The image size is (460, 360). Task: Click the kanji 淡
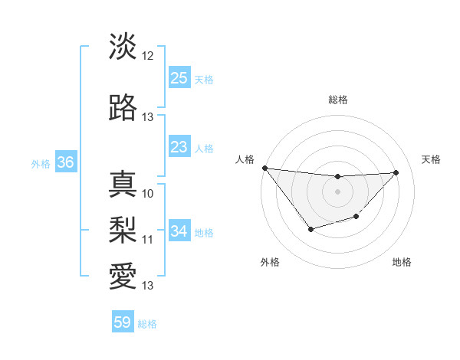(x=123, y=47)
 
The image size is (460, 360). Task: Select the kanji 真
(x=123, y=184)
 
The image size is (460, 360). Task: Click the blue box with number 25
(x=179, y=78)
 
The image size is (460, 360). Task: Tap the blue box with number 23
(x=179, y=147)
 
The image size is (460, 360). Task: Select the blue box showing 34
(x=179, y=231)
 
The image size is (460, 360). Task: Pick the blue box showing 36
(x=65, y=162)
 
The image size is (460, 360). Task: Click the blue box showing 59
(x=123, y=322)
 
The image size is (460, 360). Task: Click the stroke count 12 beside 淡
(x=148, y=56)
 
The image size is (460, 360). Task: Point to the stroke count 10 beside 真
(x=148, y=193)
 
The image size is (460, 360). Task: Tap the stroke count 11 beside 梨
(x=148, y=239)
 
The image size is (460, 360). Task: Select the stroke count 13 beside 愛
(x=148, y=285)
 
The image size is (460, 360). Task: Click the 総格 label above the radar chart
(x=337, y=100)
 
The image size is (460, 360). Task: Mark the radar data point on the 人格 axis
(x=264, y=168)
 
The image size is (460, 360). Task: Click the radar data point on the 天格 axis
(x=396, y=172)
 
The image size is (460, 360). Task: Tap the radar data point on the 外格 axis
(x=310, y=229)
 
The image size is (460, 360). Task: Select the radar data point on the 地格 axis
(x=356, y=218)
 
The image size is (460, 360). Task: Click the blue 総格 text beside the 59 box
(x=148, y=324)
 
